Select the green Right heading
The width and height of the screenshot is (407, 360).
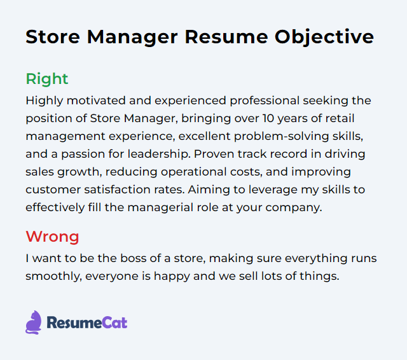[x=46, y=79]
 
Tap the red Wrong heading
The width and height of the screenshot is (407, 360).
[x=52, y=237]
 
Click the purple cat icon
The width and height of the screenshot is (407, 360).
[x=33, y=322]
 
